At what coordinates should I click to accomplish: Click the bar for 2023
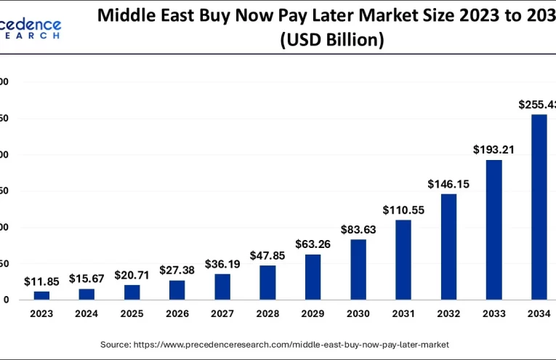click(x=42, y=295)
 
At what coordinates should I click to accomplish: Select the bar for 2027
click(x=222, y=287)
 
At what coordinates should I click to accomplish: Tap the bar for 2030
click(x=358, y=270)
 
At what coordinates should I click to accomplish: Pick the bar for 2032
click(x=448, y=247)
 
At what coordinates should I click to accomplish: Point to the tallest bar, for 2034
click(x=539, y=207)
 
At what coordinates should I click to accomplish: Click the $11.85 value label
click(x=41, y=281)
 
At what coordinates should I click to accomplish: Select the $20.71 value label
click(x=132, y=276)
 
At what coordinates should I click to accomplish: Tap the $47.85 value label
click(x=268, y=256)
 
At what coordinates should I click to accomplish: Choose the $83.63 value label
click(x=358, y=230)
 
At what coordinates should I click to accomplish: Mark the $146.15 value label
click(x=448, y=184)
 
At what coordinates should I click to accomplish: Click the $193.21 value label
click(x=494, y=150)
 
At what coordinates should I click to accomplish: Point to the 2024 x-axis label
click(x=86, y=313)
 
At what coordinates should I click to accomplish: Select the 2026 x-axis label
click(x=177, y=313)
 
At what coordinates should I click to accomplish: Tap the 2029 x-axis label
click(x=313, y=313)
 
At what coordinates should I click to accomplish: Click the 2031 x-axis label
click(x=403, y=313)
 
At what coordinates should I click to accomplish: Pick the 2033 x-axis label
click(x=493, y=313)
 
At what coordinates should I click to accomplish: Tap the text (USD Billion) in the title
click(x=331, y=41)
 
